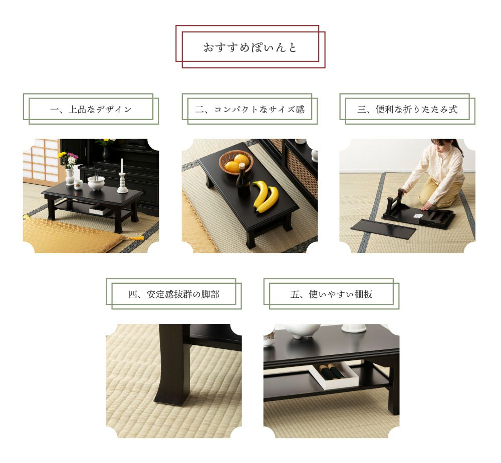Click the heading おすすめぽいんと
coord(250,48)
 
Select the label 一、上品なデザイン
coord(91,110)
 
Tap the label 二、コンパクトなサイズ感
coord(250,110)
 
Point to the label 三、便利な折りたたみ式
coord(407,110)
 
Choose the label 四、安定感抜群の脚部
coord(173,294)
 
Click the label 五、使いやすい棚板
coord(331,294)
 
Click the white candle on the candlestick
coord(122,165)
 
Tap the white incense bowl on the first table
coord(96,183)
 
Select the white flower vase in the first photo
coord(70,177)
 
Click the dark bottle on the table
coord(243,180)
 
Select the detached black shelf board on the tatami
coord(383,227)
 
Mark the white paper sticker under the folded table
coord(417,216)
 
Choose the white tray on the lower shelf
coord(333,375)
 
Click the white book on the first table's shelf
coord(100,209)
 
